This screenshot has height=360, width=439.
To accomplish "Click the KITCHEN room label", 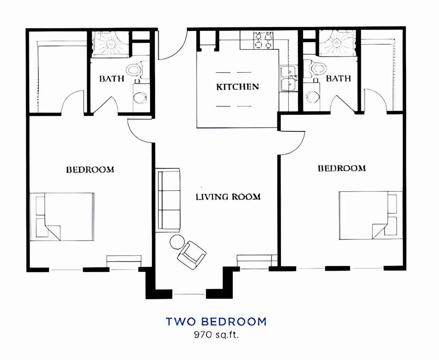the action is coord(237,87).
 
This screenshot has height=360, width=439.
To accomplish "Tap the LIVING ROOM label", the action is coord(228,197).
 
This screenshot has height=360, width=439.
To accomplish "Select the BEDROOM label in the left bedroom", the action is coord(90,170).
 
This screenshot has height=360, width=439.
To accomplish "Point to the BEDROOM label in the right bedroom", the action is coord(342,168).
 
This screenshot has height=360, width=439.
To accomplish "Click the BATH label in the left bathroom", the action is coord(112,79).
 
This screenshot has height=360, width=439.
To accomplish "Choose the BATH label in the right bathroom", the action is coord(338,79).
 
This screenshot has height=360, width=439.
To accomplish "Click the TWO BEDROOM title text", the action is coord(216,322).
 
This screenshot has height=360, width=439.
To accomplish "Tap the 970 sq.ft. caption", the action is coord(216,335).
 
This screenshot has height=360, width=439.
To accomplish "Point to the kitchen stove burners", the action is coord(263,40).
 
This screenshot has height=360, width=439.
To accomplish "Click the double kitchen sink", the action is coord(289,79).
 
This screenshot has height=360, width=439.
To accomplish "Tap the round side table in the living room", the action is coord(177,242).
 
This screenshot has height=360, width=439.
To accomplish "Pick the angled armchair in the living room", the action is coord(192,255).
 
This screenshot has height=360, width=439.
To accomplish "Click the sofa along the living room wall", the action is coord(168,200).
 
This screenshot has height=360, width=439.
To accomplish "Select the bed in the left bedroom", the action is coord(62,217).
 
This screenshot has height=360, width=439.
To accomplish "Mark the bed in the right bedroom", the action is coord(371,215).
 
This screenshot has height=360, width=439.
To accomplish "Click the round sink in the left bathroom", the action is coord(140,98).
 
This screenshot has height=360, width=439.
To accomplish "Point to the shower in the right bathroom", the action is coord(337,43).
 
